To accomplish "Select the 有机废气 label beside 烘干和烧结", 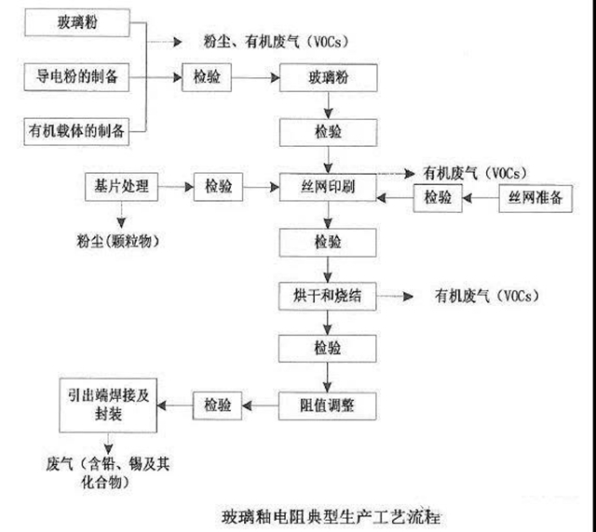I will tap(483, 297).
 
